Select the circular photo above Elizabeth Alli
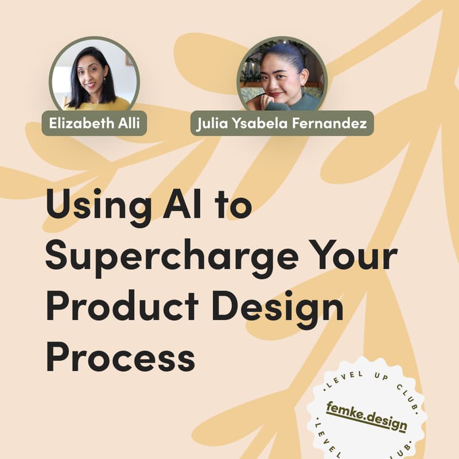point(94,74)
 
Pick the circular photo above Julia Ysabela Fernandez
point(282,74)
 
